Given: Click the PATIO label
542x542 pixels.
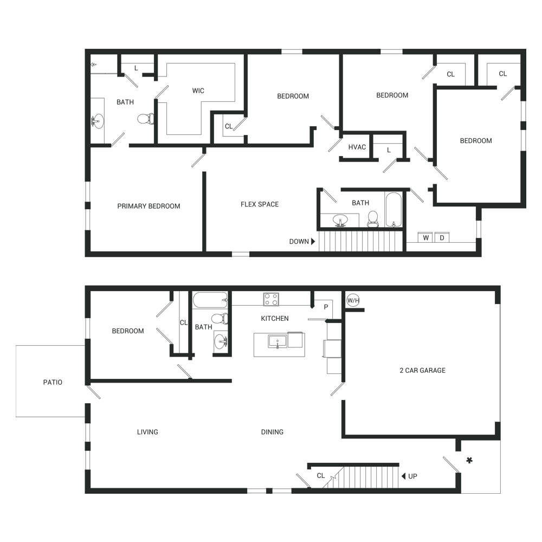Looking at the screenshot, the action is click(x=53, y=382).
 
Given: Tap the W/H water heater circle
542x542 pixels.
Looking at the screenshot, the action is click(x=353, y=300).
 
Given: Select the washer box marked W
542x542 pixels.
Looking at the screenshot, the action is click(x=425, y=237).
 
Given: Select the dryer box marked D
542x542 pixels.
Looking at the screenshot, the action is click(x=442, y=237).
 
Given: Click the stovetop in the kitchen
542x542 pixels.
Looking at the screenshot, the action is click(x=271, y=299).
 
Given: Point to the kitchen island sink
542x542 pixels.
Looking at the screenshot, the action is click(x=278, y=341).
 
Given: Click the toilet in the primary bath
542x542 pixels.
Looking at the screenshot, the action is click(x=146, y=119).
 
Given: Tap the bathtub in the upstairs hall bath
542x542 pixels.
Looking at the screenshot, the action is click(x=393, y=209).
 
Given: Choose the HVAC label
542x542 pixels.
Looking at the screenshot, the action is click(x=357, y=147).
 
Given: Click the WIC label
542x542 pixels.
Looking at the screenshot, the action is click(x=198, y=91).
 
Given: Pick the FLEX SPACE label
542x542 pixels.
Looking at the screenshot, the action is click(x=260, y=204).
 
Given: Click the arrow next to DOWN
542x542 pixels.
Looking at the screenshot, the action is click(x=313, y=241).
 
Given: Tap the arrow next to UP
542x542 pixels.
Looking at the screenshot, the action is click(x=403, y=476).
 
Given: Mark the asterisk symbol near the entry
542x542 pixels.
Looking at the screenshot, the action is click(x=469, y=460).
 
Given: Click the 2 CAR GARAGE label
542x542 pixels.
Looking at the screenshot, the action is click(x=422, y=370).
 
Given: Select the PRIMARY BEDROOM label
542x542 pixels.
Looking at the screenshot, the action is click(x=149, y=206).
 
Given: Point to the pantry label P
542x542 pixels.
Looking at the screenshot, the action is click(x=326, y=307).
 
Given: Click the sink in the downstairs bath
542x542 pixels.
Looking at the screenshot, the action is click(x=221, y=342).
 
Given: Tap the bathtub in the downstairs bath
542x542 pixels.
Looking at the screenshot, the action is click(x=210, y=300).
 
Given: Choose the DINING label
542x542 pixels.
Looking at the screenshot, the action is click(x=272, y=432).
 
